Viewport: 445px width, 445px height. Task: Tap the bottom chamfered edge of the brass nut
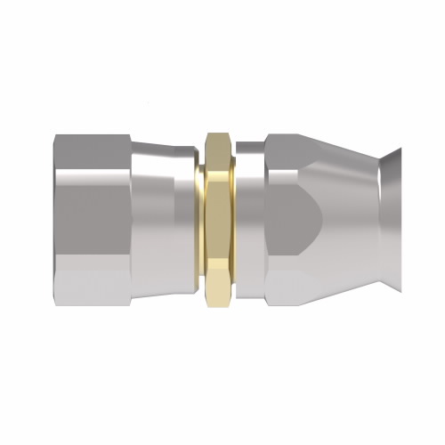pos(218,298)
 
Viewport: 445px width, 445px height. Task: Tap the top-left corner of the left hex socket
pos(55,135)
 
